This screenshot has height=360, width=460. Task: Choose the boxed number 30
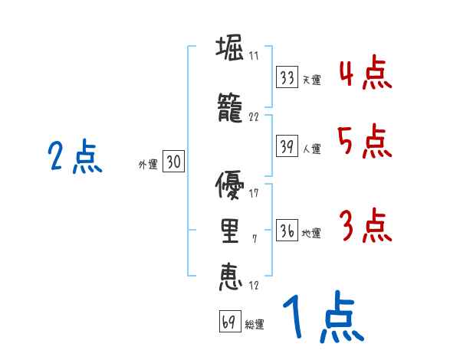173,162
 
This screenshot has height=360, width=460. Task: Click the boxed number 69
229,322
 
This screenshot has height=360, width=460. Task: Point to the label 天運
311,80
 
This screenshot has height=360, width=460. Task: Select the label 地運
311,233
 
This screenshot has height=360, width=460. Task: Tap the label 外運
147,164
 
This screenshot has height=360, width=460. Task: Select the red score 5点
363,141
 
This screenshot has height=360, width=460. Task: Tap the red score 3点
364,225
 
